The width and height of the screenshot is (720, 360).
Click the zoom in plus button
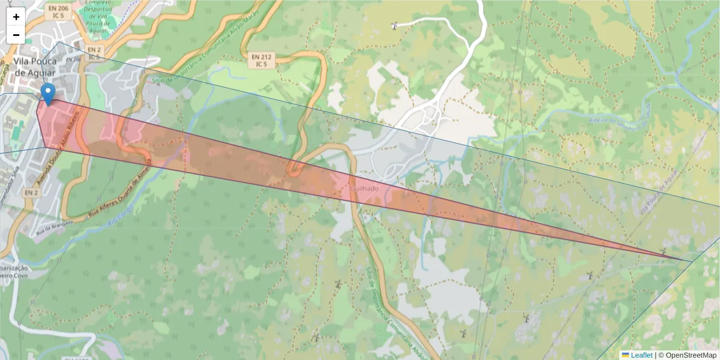click(x=16, y=17)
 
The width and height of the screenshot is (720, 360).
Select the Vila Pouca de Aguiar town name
click(x=35, y=67)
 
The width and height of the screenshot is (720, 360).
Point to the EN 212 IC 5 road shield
click(x=260, y=59)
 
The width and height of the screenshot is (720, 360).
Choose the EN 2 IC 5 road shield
click(x=94, y=53)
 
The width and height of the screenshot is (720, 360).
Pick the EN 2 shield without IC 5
click(x=31, y=193)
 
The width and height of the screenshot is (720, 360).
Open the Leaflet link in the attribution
click(x=641, y=355)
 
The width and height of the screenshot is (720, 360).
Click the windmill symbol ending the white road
click(x=394, y=25)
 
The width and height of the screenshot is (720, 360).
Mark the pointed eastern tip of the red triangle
click(x=690, y=261)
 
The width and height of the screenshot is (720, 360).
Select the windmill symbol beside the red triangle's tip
click(x=663, y=251)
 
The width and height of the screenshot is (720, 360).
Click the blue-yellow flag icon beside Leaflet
click(x=625, y=355)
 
